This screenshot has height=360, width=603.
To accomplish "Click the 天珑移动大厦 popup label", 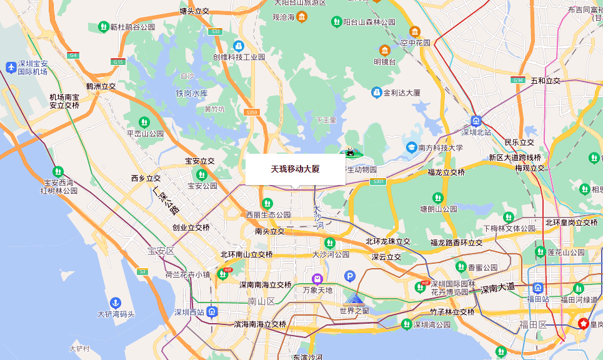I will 295,169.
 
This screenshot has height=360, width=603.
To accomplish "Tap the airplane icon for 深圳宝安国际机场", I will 11,67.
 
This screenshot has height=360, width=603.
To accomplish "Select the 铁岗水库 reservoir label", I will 191,93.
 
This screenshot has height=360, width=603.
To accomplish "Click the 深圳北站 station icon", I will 476,121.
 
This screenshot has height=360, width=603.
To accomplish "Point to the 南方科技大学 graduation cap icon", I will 411,147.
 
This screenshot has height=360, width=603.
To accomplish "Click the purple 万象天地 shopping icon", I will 317,278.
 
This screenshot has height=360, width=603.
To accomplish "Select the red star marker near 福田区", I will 583,324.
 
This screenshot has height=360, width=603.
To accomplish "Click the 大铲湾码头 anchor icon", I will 115,302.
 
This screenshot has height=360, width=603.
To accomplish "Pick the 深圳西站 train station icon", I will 213,312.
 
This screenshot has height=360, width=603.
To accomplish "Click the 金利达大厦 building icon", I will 376,92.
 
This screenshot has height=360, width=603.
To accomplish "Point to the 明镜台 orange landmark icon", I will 384,50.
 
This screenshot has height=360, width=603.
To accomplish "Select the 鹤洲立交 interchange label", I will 101,86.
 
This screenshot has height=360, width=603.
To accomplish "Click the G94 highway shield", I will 517,80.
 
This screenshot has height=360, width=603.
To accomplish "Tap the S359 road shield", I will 252,112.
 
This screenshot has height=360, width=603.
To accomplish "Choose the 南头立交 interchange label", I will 269,231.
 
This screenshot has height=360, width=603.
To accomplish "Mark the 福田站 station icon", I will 537,287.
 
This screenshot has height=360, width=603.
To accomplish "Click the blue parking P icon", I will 350,276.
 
